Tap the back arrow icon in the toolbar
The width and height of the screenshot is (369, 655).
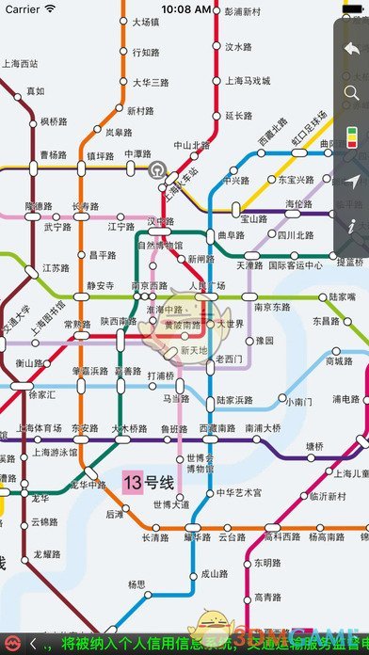click(351, 49)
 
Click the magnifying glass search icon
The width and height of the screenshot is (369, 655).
click(351, 92)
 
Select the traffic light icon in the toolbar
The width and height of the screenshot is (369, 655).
click(351, 137)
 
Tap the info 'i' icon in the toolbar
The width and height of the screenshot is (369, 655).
click(351, 227)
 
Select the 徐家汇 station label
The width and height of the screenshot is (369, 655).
click(41, 395)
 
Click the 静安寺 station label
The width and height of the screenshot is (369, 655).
click(100, 285)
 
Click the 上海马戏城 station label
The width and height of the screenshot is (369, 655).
click(247, 81)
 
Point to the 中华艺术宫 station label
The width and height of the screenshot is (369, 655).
click(239, 492)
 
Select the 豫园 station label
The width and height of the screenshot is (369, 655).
click(265, 340)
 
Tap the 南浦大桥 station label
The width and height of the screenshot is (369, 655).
click(262, 428)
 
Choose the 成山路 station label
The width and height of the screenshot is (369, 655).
click(216, 572)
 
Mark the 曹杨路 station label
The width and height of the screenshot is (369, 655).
click(53, 155)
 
